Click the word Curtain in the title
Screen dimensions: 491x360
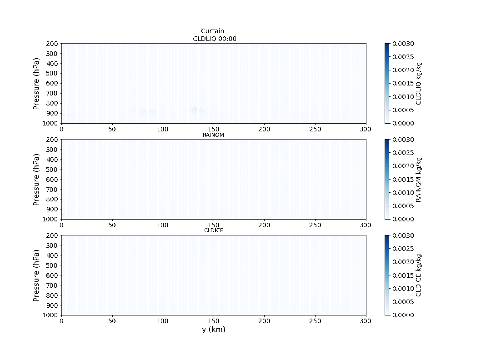212,30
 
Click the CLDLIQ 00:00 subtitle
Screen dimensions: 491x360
215,39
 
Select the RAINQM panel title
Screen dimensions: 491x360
213,135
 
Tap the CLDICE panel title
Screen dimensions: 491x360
214,230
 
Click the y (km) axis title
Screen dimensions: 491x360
214,330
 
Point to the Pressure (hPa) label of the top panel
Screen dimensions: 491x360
36,83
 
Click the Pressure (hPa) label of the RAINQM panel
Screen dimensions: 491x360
36,180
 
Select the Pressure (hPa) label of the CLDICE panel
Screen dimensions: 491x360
36,275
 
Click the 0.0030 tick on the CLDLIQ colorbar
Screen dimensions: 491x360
403,44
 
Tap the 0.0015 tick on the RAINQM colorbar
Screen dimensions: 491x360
403,180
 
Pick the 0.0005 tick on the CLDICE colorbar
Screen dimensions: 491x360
403,302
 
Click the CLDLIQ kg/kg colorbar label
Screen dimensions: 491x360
418,83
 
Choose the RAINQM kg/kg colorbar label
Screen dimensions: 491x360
418,180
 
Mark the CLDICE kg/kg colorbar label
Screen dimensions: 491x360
418,275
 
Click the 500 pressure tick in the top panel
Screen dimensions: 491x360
52,73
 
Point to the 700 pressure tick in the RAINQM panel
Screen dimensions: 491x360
52,190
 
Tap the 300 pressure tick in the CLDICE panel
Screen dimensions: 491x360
52,245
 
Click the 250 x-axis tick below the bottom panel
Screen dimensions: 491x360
315,321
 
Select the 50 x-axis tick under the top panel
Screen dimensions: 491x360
112,129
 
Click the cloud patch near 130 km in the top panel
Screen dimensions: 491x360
195,110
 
